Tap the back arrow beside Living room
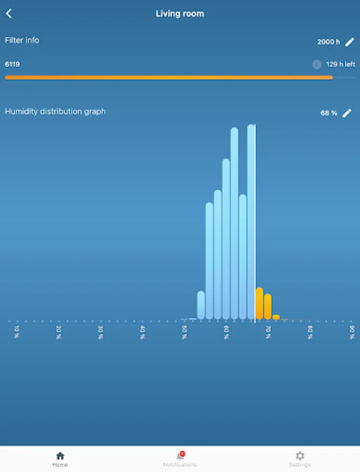click(9, 14)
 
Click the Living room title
click(180, 14)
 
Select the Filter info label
click(22, 40)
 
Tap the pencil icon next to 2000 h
click(350, 42)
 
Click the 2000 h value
click(329, 42)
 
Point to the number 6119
click(13, 65)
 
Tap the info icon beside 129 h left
click(316, 65)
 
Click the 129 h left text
click(341, 65)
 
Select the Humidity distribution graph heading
click(55, 112)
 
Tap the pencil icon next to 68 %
click(347, 113)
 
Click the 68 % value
click(329, 113)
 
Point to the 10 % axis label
click(17, 332)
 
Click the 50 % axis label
click(184, 332)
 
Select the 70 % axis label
click(268, 332)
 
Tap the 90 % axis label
click(352, 332)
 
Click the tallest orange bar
click(259, 304)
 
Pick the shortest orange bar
click(276, 317)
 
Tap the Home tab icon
click(60, 456)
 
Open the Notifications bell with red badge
click(180, 456)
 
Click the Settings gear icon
click(300, 456)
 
